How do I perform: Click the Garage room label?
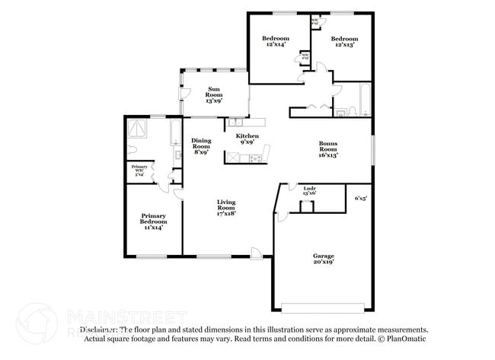click(x=324, y=258)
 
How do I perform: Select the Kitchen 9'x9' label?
click(x=247, y=138)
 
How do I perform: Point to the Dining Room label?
click(x=201, y=145)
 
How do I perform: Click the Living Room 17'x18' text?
click(x=226, y=208)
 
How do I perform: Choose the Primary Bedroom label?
click(x=153, y=221)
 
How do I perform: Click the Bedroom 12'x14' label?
click(x=276, y=41)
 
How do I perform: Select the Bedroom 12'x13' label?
click(x=343, y=41)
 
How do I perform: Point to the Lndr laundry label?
click(x=310, y=190)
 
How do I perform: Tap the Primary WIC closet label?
click(x=139, y=170)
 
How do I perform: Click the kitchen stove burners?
click(x=255, y=158)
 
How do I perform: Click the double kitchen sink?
click(x=236, y=122)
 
